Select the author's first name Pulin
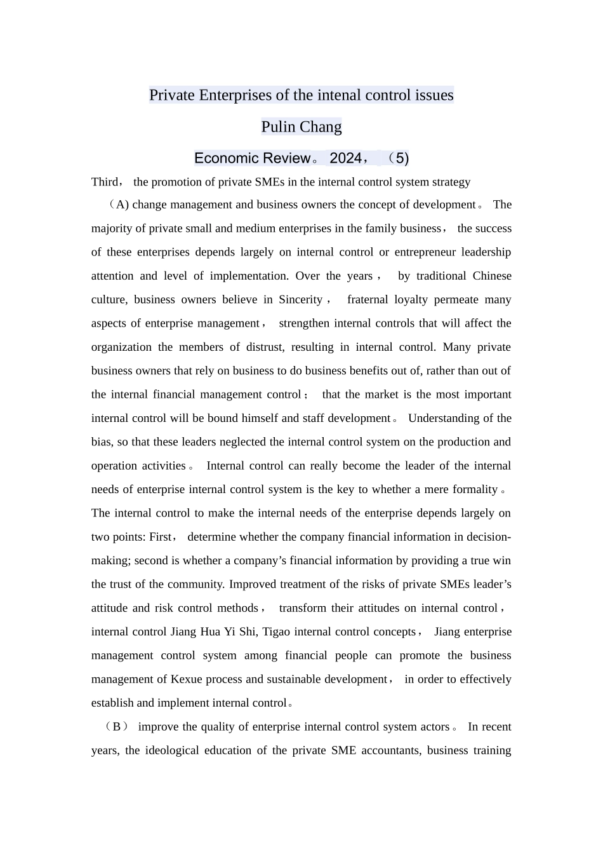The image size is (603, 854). click(279, 127)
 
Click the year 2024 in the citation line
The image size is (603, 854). click(345, 158)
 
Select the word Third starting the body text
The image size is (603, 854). click(105, 182)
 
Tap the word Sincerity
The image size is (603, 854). click(300, 300)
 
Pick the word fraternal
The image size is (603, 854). click(371, 300)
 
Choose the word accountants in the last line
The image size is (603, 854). click(389, 750)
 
